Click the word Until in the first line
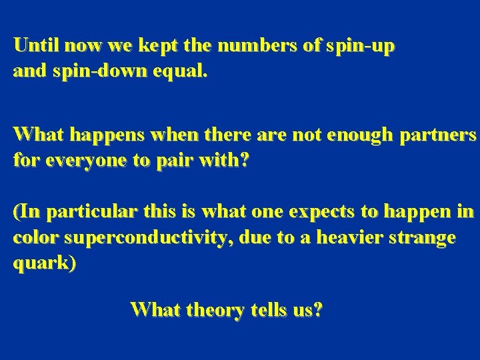coord(33,46)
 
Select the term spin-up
coord(358,47)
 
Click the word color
coord(32,237)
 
